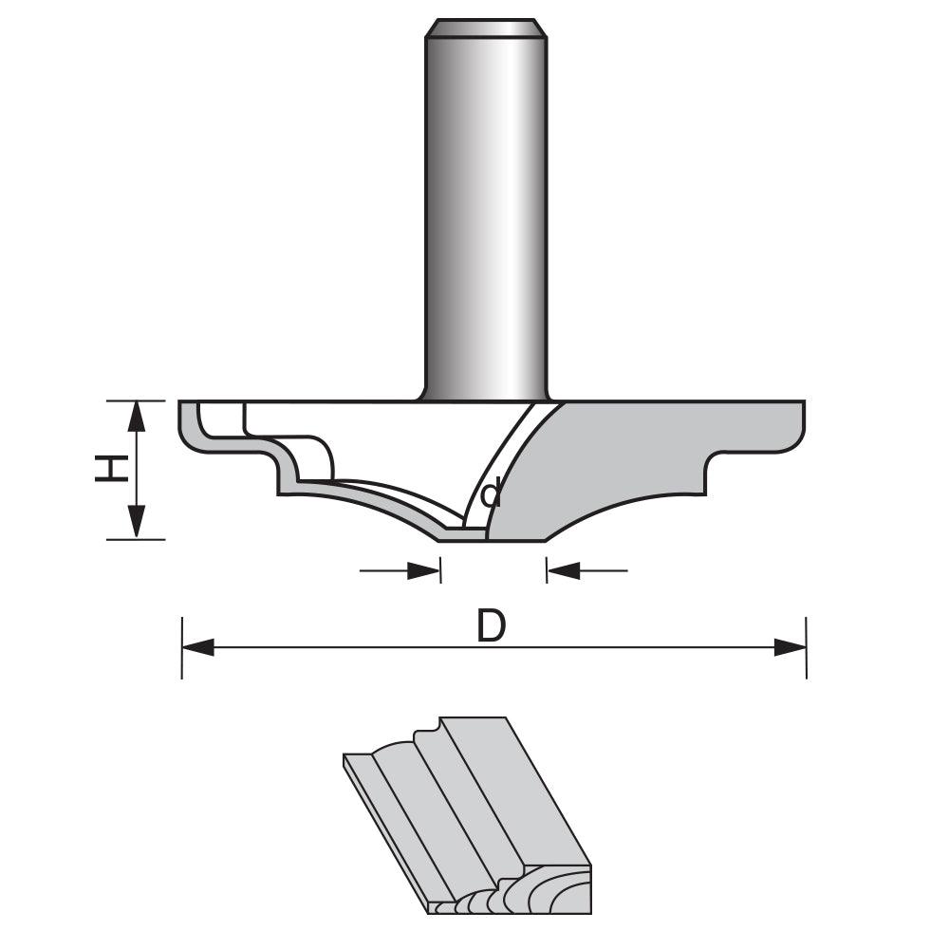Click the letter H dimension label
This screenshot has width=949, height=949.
[112, 469]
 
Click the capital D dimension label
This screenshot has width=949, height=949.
[491, 627]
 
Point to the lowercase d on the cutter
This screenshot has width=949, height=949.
[492, 494]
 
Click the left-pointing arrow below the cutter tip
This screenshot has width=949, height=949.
[564, 570]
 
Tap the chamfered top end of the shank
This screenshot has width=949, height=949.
[486, 28]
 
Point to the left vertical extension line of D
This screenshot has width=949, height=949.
[181, 655]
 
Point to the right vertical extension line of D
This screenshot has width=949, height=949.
[806, 655]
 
